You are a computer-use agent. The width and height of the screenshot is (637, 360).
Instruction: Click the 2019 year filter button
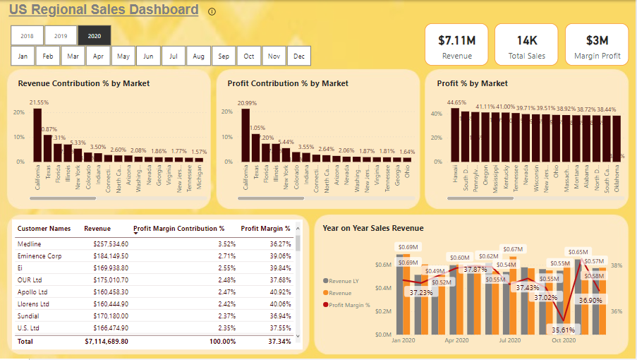click(61, 35)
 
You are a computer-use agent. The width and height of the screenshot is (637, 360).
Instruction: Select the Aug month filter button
click(198, 56)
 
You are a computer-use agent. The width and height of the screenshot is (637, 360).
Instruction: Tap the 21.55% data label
click(39, 103)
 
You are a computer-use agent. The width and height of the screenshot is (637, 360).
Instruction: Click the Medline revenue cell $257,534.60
click(106, 244)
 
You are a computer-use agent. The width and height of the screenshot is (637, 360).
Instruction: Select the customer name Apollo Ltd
click(32, 292)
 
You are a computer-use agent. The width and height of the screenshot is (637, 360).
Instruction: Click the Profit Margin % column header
click(265, 229)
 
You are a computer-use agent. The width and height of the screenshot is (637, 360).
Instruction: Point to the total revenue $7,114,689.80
click(106, 342)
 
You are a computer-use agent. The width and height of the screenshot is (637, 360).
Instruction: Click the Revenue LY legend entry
click(344, 281)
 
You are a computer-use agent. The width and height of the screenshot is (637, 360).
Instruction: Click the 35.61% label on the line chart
click(563, 330)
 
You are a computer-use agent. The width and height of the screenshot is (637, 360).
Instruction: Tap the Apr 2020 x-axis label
click(457, 340)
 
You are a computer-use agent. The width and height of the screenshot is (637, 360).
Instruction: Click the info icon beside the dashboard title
click(212, 11)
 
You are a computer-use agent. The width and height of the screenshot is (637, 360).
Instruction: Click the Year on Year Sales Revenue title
click(372, 228)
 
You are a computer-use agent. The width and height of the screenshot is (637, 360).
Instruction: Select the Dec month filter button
click(299, 56)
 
